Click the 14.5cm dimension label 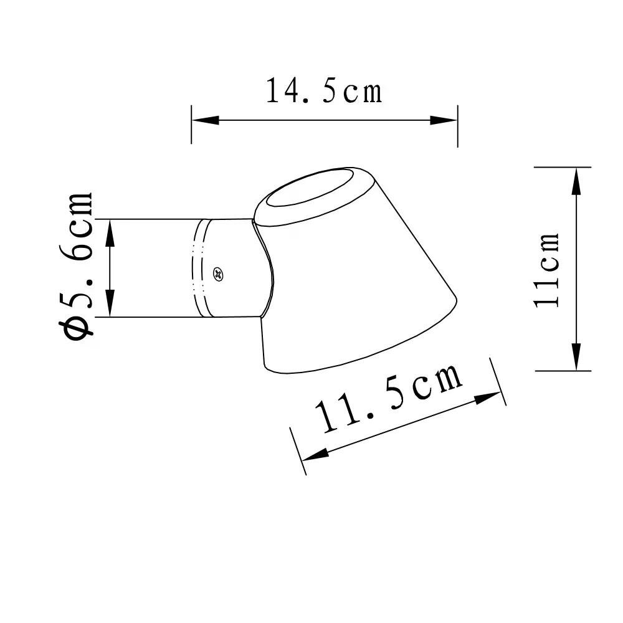[x=324, y=91]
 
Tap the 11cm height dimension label [x=547, y=269]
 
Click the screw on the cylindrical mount [x=218, y=273]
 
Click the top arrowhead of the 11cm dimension [x=576, y=181]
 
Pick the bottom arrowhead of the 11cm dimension [x=576, y=358]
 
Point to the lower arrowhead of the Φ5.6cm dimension [x=110, y=305]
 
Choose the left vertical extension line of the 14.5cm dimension [x=191, y=125]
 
